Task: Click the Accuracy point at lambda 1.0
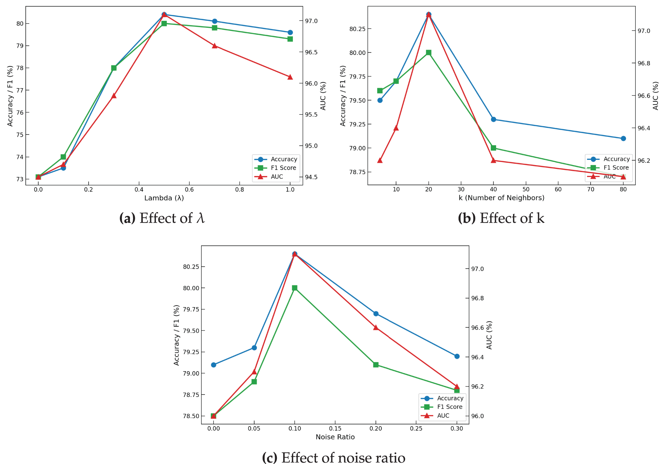point(290,32)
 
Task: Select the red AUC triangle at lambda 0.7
point(214,46)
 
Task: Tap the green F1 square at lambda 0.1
point(63,157)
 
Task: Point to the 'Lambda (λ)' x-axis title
point(164,198)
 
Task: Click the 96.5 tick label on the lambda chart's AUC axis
point(311,52)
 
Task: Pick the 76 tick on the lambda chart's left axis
point(20,113)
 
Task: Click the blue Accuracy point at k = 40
point(493,119)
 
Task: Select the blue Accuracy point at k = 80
point(623,138)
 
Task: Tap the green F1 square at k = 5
point(380,91)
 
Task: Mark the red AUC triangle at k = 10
point(396,128)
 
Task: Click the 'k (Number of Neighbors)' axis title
point(501,198)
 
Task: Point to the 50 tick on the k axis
point(526,189)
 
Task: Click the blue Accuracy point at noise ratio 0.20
point(376,314)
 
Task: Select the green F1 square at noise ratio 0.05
point(254,382)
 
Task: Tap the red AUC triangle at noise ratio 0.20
point(376,327)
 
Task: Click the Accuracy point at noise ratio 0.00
point(214,365)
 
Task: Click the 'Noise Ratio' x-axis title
point(335,437)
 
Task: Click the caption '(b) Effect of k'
point(501,218)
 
